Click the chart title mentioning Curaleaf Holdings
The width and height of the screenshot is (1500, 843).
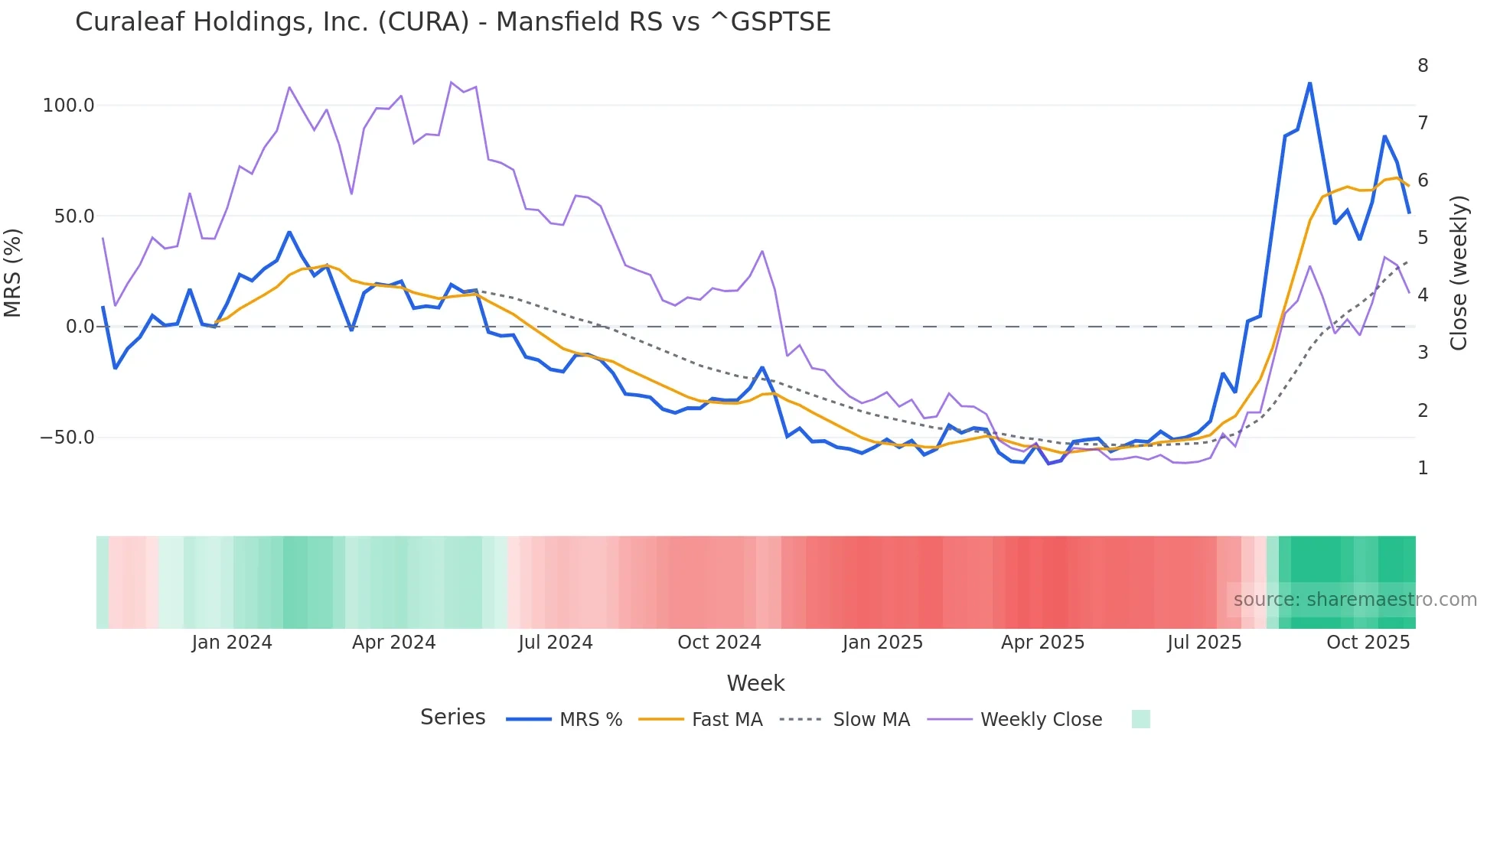click(x=452, y=22)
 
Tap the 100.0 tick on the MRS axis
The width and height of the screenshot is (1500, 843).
click(x=68, y=106)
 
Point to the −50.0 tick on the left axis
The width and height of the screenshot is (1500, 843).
click(x=67, y=438)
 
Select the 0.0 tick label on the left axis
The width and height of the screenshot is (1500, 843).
click(x=80, y=327)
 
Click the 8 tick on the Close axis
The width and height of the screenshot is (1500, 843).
click(x=1423, y=66)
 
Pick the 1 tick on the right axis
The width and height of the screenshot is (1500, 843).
click(x=1423, y=468)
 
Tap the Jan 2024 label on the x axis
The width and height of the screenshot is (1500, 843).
click(x=231, y=643)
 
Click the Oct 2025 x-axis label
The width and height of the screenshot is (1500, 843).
click(x=1368, y=643)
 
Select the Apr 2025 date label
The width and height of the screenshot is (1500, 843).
click(x=1042, y=643)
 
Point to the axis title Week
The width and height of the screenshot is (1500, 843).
click(x=755, y=683)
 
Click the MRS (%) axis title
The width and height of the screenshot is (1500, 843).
click(x=13, y=272)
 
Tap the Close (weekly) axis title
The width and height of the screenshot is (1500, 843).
click(x=1459, y=272)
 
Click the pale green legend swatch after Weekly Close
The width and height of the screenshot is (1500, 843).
click(x=1140, y=719)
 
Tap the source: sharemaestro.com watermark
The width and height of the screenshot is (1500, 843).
click(x=1355, y=600)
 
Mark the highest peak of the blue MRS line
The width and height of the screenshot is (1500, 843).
click(x=1309, y=83)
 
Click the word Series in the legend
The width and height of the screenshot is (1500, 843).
click(x=452, y=718)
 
